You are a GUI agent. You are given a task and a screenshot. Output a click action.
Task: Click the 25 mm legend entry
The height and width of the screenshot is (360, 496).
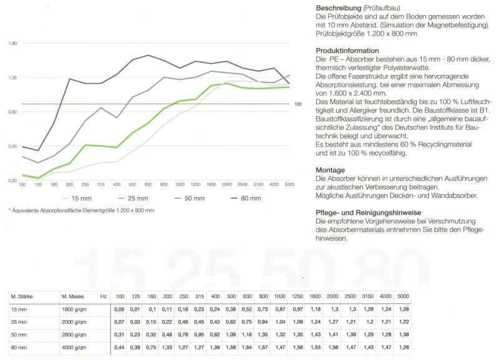(133, 198)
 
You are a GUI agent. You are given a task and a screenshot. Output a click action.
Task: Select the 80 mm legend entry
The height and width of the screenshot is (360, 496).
(246, 198)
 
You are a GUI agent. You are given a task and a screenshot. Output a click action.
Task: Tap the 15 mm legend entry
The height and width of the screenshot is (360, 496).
(77, 198)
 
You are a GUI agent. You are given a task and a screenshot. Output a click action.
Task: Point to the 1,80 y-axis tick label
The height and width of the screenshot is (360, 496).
(13, 43)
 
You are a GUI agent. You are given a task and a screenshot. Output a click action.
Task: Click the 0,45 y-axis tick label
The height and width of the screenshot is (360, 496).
(13, 146)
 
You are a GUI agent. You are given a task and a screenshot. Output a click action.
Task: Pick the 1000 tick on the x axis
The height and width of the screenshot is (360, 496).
(180, 185)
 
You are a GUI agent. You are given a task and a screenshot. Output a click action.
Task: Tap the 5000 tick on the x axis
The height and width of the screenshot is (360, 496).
(289, 185)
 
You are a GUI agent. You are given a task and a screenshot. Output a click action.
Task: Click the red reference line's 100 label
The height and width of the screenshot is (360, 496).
(298, 104)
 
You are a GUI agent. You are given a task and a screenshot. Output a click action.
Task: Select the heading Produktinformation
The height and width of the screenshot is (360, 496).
(348, 51)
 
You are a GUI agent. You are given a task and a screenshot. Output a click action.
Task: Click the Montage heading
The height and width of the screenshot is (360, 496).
(330, 170)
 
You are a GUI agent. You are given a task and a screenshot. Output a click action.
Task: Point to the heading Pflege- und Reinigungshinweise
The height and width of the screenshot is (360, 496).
(369, 213)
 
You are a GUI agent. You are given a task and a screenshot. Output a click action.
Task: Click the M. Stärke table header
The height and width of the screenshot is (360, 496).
(22, 297)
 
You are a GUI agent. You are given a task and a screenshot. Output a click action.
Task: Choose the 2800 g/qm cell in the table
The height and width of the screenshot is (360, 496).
(74, 334)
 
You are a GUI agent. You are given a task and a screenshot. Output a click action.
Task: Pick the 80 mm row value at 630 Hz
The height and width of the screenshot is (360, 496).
(246, 348)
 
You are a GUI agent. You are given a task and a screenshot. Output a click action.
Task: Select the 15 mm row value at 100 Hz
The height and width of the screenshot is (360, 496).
(119, 309)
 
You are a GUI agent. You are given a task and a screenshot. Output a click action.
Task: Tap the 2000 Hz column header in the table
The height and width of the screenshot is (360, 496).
(333, 296)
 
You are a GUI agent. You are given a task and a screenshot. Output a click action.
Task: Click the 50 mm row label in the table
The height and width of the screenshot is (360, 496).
(19, 334)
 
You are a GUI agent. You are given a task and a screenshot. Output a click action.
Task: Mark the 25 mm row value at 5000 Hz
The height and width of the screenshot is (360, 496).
(404, 322)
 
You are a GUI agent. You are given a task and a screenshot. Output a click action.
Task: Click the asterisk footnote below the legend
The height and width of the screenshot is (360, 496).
(82, 210)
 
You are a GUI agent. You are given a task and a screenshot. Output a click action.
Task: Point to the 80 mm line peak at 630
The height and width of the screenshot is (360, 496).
(148, 56)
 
